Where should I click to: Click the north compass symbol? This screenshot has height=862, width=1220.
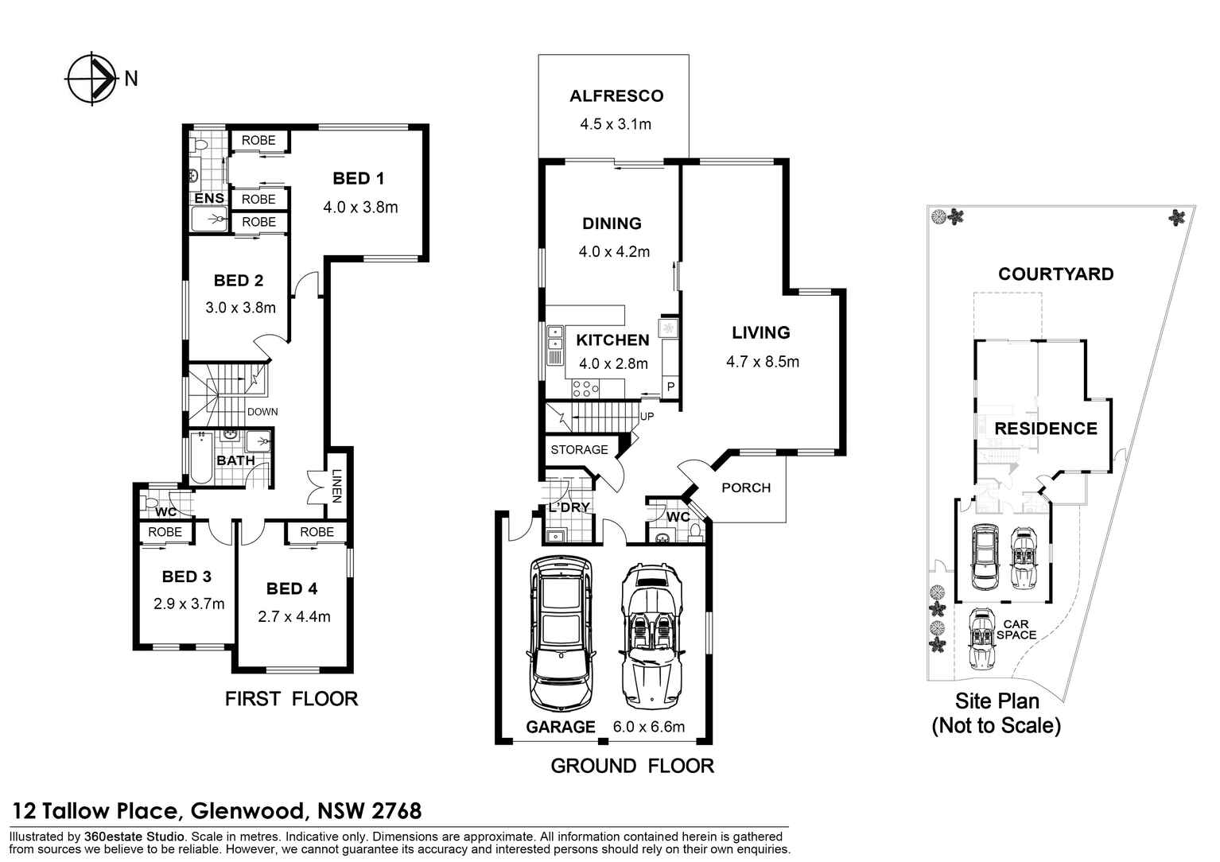91,78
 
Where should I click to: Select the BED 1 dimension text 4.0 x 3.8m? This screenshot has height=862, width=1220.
360,208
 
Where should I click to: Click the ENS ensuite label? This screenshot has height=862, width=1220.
208,198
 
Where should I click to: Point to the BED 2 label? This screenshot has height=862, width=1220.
238,281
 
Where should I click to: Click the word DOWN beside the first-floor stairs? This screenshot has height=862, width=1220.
262,412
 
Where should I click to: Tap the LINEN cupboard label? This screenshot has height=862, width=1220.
336,487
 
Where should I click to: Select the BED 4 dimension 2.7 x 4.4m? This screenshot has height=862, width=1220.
293,617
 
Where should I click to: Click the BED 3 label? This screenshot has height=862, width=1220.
186,577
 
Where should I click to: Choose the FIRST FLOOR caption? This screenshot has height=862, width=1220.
291,699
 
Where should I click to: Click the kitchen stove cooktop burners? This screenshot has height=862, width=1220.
585,389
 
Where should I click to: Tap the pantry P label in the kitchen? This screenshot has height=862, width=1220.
670,387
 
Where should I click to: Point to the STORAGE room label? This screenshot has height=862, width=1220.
579,450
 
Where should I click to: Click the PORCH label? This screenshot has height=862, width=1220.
745,488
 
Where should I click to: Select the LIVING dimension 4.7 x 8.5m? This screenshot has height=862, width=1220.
762,363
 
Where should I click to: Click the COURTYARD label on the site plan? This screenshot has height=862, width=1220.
1055,274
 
